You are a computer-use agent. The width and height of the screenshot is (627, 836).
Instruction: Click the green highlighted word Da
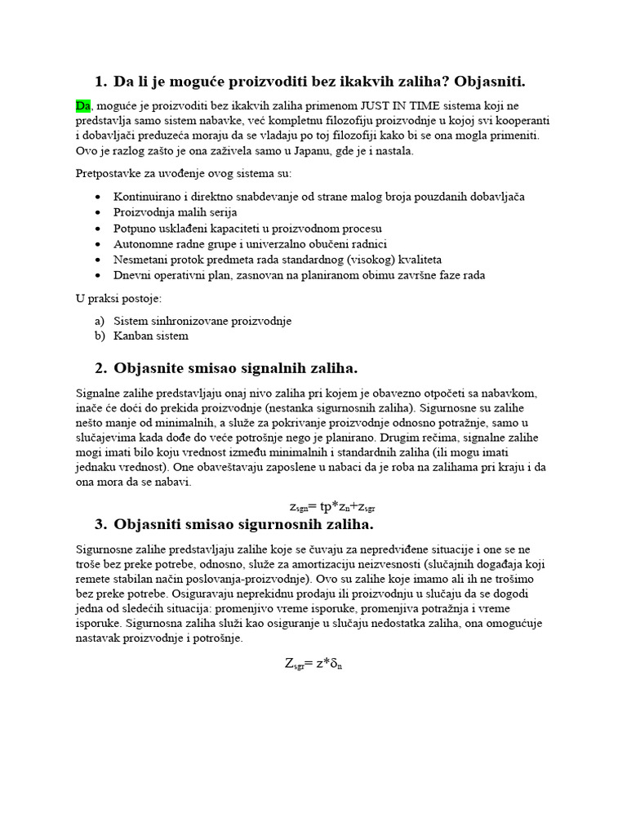(83, 106)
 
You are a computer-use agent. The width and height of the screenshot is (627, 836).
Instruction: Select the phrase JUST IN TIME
(373, 106)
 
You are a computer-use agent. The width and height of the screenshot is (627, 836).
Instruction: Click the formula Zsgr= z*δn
(313, 664)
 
